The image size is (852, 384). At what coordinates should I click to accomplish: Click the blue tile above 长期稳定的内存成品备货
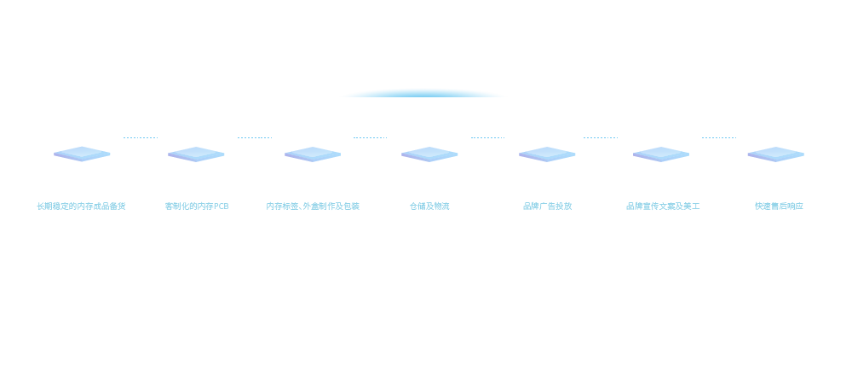pos(82,154)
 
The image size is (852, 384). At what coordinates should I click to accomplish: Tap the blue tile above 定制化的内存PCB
pos(196,154)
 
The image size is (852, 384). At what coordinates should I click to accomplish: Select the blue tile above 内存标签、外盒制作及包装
pos(313,154)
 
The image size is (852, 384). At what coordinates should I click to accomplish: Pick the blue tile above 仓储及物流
pos(429,154)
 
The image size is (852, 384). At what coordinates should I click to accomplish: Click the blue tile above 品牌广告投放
pos(547,154)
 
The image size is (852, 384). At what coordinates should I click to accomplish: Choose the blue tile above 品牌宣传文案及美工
pos(661,154)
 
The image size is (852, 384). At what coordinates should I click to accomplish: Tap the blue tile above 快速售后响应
pos(775,154)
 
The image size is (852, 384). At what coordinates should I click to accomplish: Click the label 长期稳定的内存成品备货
pos(82,207)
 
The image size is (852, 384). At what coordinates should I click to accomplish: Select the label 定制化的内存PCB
pos(197,207)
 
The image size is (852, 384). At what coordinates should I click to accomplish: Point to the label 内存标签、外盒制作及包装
pos(313,207)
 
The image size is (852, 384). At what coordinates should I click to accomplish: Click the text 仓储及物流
pos(429,207)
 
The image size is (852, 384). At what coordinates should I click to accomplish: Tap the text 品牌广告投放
pos(547,207)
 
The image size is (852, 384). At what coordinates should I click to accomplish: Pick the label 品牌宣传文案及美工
pos(663,207)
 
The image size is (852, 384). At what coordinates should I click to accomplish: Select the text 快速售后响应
pos(779,207)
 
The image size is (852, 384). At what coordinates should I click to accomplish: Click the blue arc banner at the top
pos(423,92)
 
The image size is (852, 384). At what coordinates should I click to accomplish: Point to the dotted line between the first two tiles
pos(141,137)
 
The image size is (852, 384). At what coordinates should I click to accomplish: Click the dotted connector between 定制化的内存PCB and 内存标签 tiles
pos(255,137)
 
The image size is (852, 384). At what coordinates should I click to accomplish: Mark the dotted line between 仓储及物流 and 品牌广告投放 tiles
pos(487,137)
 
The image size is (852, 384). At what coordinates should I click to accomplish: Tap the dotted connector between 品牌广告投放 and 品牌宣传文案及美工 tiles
pos(601,137)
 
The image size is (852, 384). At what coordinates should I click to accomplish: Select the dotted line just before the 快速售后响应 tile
pos(719,137)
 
